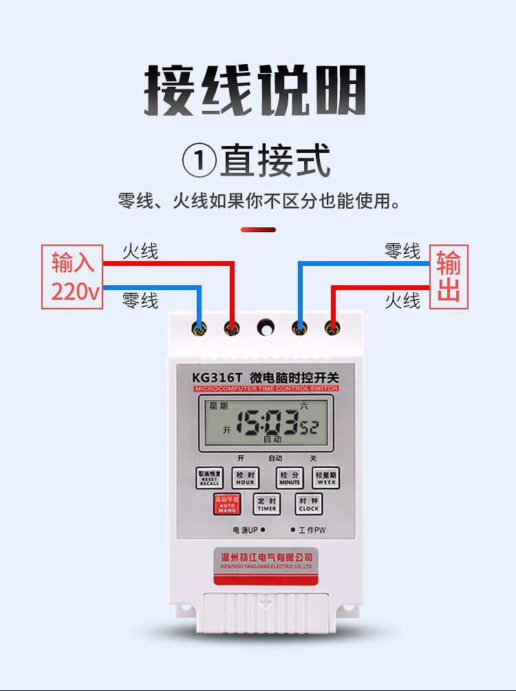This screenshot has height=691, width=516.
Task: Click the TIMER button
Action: tap(266, 504)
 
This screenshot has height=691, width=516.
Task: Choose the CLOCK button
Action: tap(308, 504)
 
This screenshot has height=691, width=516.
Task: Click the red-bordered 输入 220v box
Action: tap(72, 277)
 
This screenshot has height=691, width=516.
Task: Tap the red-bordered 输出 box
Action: tap(449, 277)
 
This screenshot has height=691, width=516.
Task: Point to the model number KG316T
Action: tap(217, 378)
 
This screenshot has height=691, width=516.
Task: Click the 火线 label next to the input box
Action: tap(140, 251)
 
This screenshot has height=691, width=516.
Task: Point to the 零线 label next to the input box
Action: tap(140, 300)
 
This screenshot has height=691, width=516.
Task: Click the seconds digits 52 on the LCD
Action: tap(309, 428)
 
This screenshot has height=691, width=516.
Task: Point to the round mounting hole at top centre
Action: tap(265, 327)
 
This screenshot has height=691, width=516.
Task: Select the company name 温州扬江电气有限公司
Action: tap(264, 557)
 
